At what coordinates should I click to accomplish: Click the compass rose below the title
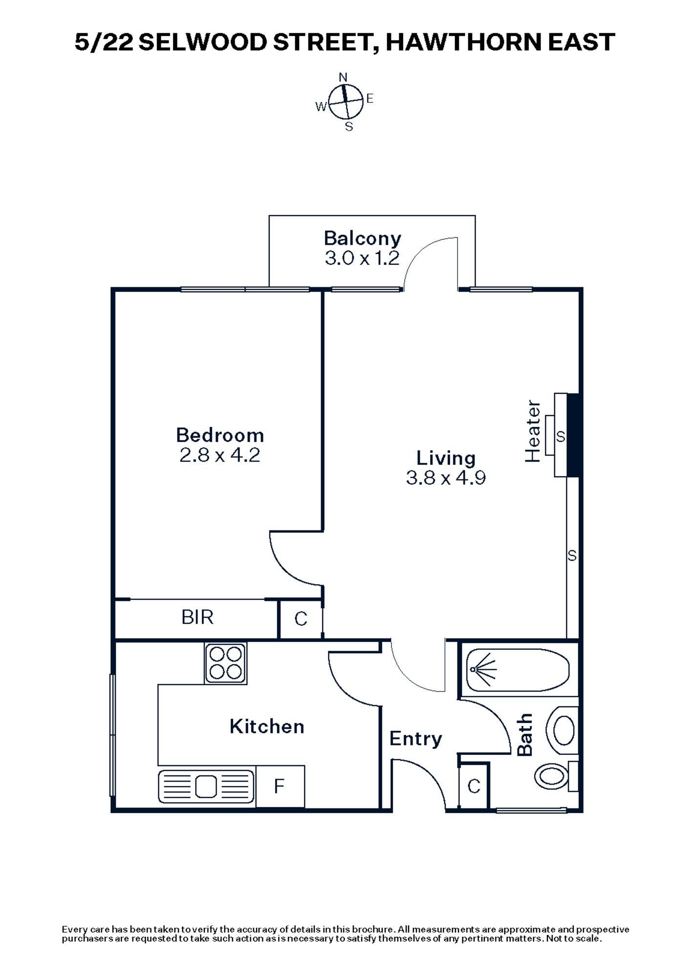pos(345,102)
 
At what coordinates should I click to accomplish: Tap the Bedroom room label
pos(220,435)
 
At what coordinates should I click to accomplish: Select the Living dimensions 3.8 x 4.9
pos(446,478)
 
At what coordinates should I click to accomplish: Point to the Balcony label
pos(362,238)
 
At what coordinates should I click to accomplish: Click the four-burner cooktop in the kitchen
pos(226,663)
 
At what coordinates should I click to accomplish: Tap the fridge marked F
pos(280,786)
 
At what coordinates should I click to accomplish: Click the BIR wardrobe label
pos(197,617)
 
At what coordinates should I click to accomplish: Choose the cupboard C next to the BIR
pos(301,619)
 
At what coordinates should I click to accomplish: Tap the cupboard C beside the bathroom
pos(474,786)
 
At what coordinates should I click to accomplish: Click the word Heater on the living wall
pos(533,431)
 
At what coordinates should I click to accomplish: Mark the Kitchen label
pos(267,726)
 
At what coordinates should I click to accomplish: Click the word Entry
pos(415,739)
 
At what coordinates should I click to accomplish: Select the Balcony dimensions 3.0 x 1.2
pos(362,258)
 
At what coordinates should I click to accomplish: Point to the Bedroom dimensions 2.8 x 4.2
pos(220,455)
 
